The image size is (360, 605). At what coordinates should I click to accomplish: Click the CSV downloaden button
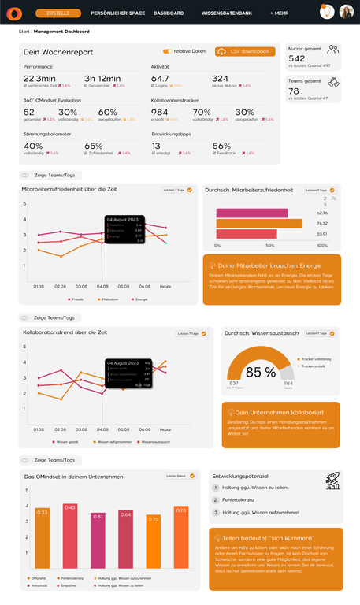245,51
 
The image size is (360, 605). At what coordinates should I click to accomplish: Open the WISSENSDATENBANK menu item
227,13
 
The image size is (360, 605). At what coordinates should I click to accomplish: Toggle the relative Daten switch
167,51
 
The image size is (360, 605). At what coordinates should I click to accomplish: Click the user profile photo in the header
347,13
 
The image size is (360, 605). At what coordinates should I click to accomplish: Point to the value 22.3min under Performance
39,79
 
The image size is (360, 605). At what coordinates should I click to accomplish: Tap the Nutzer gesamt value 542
297,58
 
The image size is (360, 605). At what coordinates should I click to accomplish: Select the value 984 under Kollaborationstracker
160,113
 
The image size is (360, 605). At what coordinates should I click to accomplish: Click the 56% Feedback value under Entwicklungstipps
221,146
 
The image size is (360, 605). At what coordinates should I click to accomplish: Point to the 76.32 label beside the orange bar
321,223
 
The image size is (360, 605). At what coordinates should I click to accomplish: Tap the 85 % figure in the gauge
260,371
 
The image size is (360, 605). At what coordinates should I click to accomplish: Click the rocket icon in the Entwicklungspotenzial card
333,481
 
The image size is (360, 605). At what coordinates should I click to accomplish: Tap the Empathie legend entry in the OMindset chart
68,585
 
